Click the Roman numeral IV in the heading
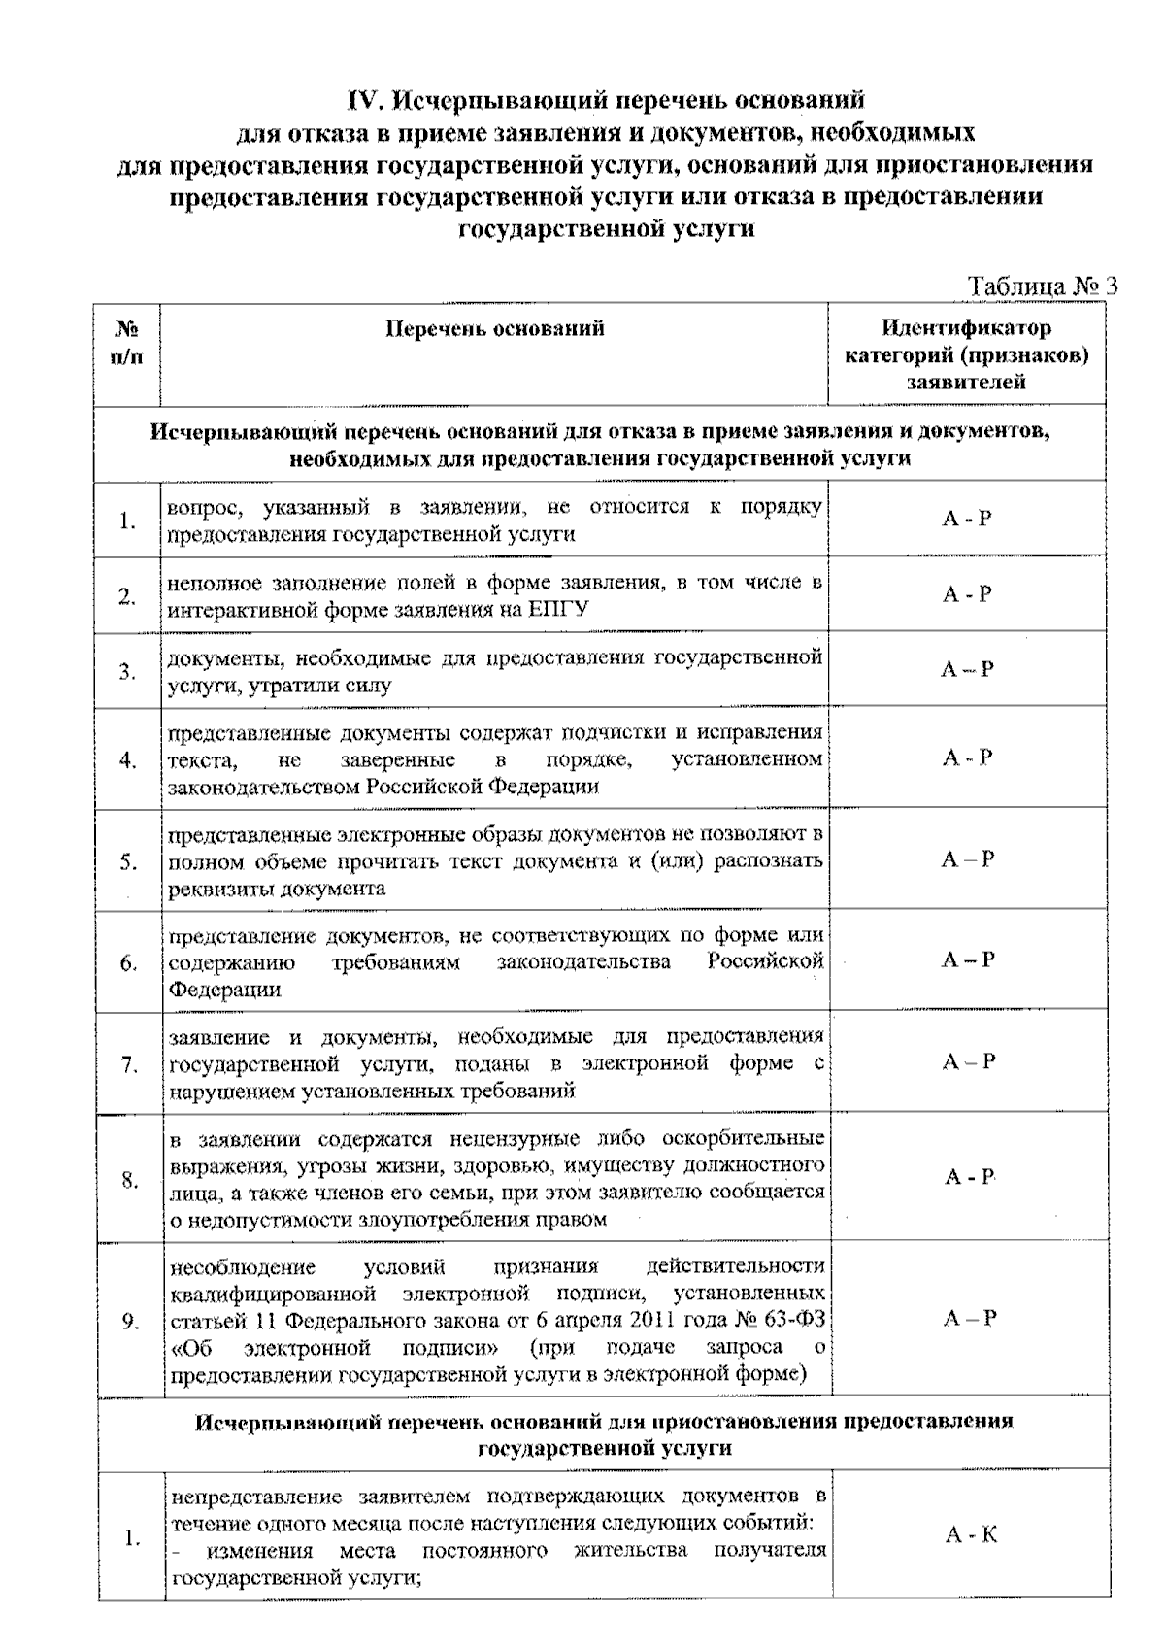366,99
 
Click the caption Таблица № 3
1043,286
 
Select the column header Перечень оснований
495,328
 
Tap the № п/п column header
127,342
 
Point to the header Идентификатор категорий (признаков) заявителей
966,354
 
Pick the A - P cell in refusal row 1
967,519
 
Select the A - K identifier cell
970,1535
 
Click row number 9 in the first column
129,1321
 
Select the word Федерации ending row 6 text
225,990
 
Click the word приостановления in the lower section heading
744,1421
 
